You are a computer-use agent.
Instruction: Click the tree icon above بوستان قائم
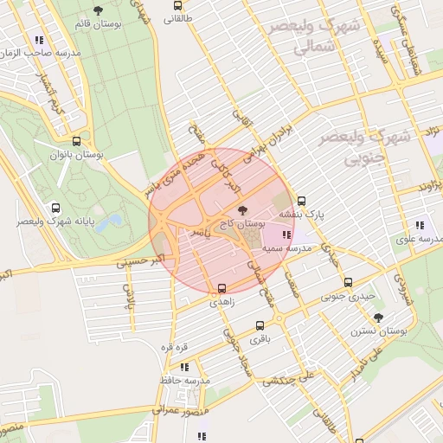tap(97, 10)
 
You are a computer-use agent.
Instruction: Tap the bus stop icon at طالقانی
tap(177, 4)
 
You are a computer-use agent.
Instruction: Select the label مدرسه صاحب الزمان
tap(47, 54)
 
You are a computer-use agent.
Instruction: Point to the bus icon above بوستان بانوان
tap(76, 141)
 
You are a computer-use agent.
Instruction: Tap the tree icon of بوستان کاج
tap(241, 210)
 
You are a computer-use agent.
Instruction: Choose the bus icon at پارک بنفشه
tap(301, 202)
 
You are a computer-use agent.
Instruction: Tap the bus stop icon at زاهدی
tap(222, 288)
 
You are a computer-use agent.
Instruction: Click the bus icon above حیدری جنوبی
tap(348, 282)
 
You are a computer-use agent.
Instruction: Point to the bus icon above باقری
tap(260, 326)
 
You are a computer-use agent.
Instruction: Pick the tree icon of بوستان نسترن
tap(378, 318)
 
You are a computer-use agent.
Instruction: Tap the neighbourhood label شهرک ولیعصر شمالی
tap(312, 38)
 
